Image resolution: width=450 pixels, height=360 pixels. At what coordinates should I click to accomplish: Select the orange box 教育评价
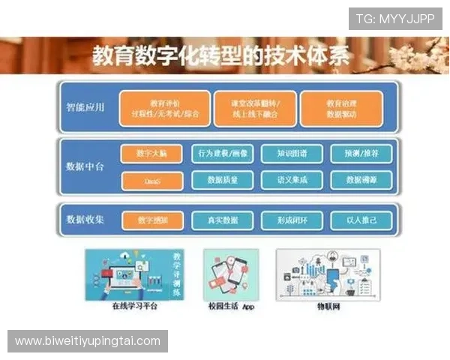tap(164, 108)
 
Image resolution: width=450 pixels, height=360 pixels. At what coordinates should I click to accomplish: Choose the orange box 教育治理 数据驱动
tap(341, 108)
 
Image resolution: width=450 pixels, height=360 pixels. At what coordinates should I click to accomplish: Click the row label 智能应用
tap(85, 107)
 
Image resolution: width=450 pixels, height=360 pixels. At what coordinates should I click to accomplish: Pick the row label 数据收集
tap(85, 220)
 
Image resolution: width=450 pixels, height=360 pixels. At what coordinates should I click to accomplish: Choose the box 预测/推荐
tap(357, 154)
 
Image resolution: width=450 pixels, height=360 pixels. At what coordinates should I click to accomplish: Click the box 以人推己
tap(357, 220)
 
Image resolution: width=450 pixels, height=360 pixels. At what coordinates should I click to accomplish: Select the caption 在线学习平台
tap(133, 307)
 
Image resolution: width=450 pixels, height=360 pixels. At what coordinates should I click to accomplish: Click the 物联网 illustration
tap(328, 274)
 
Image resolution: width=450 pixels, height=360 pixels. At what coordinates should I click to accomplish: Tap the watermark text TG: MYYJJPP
tap(394, 19)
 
